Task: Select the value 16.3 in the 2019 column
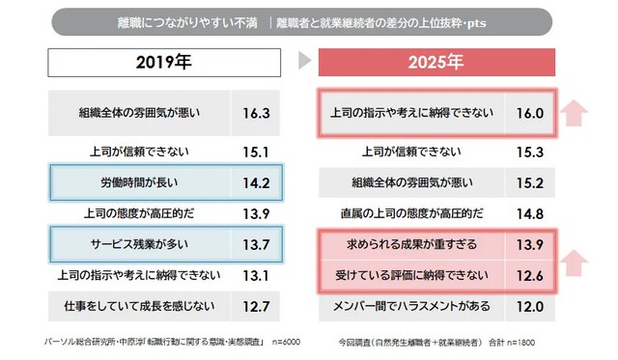point(255,111)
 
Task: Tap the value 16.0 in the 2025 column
point(531,112)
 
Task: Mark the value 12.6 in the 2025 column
point(531,275)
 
